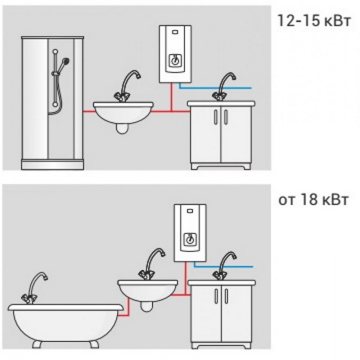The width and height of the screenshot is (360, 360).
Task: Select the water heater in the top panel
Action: click(x=173, y=55)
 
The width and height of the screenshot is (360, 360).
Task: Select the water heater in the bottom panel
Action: click(x=190, y=233)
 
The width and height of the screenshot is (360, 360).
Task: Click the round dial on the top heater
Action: click(x=173, y=61)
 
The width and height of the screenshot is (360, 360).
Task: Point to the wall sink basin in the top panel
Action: click(x=123, y=113)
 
